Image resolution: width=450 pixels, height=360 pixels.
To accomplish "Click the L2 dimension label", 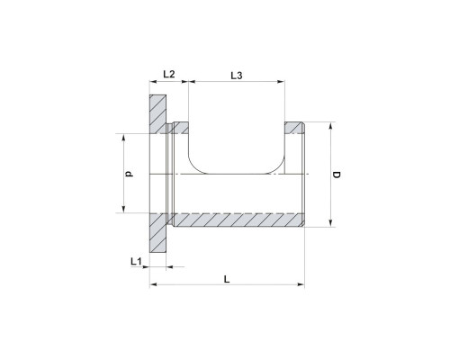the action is [x=169, y=74].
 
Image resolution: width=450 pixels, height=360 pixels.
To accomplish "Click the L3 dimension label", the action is [x=237, y=76].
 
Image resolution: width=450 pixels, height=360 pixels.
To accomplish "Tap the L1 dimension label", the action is [x=136, y=261].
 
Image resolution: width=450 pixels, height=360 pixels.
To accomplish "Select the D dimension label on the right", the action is [x=337, y=175].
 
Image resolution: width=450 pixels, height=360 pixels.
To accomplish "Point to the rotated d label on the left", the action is [x=130, y=174].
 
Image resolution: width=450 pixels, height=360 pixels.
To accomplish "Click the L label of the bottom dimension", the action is [x=227, y=279].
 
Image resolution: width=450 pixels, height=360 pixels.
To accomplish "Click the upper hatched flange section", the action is [x=157, y=114].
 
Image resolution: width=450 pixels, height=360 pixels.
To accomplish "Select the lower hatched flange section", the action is [x=157, y=233].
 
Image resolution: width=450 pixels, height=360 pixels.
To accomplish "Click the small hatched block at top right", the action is [x=294, y=128].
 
